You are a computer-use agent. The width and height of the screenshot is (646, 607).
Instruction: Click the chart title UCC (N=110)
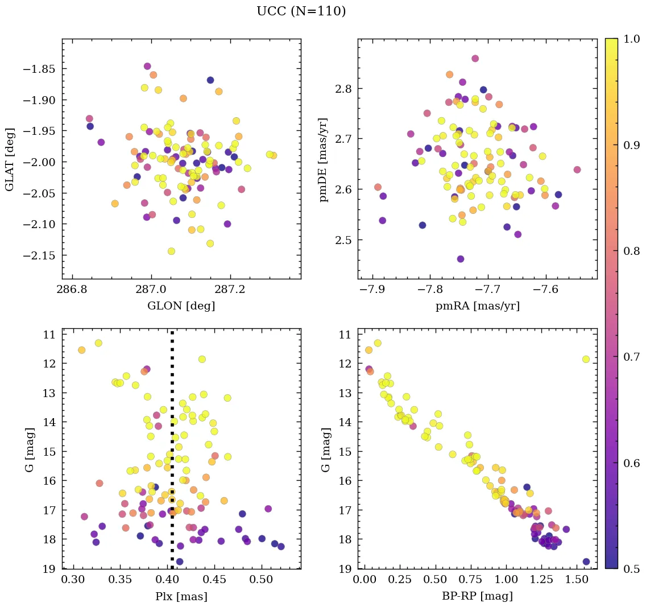point(301,11)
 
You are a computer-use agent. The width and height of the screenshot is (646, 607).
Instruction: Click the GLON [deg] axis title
point(181,306)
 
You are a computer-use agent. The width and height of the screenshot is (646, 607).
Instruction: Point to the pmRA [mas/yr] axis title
point(477,306)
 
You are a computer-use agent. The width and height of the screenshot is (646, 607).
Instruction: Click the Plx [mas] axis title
point(181,596)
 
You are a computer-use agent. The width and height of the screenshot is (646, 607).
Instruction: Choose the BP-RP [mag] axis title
point(477,596)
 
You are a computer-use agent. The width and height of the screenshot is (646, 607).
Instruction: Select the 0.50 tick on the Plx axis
point(262,580)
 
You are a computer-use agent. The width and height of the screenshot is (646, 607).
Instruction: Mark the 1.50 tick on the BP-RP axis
point(578,580)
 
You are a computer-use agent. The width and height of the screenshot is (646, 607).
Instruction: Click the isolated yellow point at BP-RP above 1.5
point(586,359)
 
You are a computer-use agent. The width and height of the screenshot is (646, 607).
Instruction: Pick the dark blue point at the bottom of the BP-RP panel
point(586,561)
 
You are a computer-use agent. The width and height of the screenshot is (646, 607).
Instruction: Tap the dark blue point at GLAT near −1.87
point(210,80)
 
